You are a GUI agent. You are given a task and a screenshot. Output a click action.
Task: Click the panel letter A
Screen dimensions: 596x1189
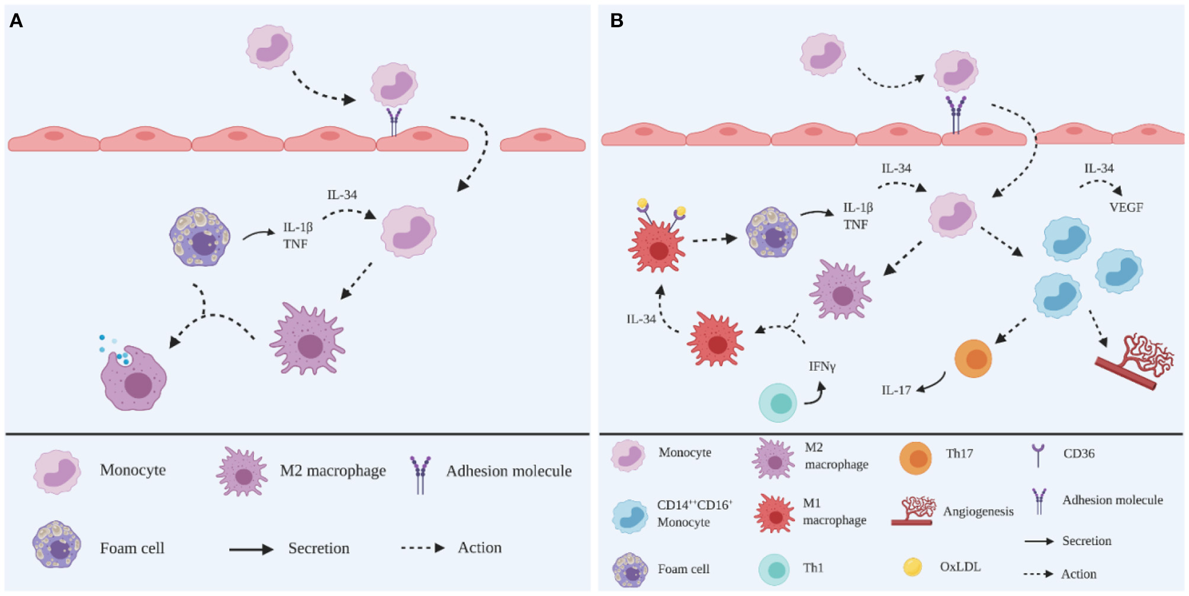(x=16, y=21)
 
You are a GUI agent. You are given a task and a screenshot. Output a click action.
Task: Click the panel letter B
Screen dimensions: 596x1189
(x=616, y=21)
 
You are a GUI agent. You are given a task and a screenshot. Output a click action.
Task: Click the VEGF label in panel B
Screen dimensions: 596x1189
(x=1126, y=207)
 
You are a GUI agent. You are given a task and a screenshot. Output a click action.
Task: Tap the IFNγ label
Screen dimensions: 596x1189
(x=822, y=367)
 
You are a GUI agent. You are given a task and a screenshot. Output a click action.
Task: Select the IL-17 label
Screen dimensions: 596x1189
(x=896, y=390)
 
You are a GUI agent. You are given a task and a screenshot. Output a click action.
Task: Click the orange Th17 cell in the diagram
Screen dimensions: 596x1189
(x=973, y=358)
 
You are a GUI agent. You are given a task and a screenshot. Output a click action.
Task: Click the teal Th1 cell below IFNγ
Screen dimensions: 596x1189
(x=778, y=403)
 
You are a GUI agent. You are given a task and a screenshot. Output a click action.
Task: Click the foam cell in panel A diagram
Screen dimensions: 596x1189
(x=200, y=237)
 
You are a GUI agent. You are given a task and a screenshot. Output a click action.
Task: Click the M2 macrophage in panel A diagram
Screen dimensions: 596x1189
(x=308, y=341)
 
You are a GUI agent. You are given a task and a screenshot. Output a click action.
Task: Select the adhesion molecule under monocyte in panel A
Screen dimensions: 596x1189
(x=394, y=121)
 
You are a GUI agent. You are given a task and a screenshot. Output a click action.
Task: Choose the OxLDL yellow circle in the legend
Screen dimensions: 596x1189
(x=912, y=567)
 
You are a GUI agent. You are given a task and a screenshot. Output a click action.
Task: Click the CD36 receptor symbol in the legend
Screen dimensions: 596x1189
(x=1038, y=455)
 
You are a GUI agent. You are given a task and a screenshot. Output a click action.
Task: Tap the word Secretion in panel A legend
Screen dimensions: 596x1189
(x=319, y=548)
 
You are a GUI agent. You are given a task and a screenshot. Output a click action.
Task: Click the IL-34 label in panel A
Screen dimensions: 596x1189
(x=342, y=195)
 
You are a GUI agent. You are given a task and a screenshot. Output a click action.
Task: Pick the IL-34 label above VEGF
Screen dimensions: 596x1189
(x=1098, y=168)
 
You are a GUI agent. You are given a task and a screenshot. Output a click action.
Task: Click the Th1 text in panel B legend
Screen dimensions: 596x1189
(x=813, y=568)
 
